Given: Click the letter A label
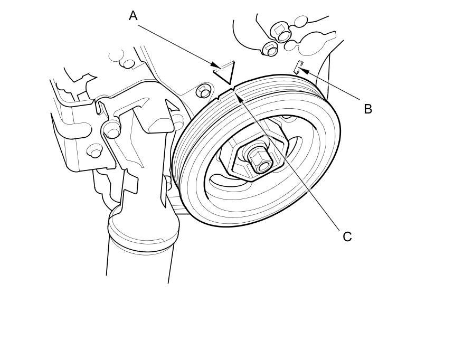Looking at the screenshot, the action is point(133,16).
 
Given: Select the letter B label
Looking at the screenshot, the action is point(368,109).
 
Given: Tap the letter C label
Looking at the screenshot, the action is point(347,236).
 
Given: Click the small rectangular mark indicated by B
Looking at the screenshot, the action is point(298,67).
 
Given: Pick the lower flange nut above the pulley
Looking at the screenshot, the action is point(270,49).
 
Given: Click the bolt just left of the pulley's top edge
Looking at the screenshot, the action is point(203,91).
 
